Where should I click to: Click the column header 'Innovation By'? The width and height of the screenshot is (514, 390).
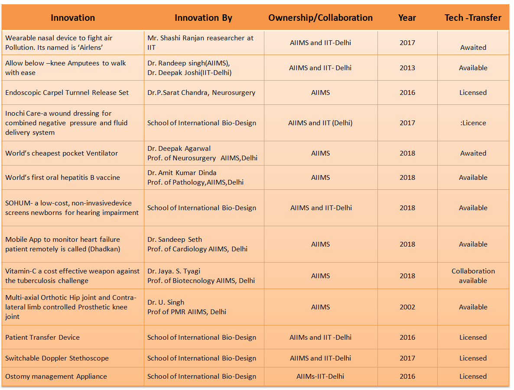203,18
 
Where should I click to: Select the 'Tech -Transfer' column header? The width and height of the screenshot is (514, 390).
473,18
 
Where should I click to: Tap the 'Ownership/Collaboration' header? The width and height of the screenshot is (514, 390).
320,18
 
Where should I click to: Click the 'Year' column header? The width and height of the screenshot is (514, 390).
407,18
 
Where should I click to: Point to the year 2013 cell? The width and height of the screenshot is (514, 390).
407,68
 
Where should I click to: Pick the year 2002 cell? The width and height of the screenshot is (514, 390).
407,307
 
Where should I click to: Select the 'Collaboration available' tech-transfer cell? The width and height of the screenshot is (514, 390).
473,276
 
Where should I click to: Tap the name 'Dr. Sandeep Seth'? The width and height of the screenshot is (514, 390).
175,239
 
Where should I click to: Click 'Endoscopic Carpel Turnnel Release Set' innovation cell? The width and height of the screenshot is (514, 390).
67,92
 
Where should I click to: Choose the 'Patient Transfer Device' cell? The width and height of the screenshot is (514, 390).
42,337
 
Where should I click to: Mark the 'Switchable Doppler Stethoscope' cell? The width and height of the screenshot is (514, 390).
57,358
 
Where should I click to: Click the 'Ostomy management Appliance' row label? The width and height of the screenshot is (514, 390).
56,376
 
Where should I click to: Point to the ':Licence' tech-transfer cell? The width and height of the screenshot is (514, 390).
473,123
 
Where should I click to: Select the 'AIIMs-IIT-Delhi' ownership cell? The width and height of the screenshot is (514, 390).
320,376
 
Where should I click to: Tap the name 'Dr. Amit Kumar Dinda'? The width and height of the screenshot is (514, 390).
182,172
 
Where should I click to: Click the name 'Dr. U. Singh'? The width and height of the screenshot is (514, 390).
166,302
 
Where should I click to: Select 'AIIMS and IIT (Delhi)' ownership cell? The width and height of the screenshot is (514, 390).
320,123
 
